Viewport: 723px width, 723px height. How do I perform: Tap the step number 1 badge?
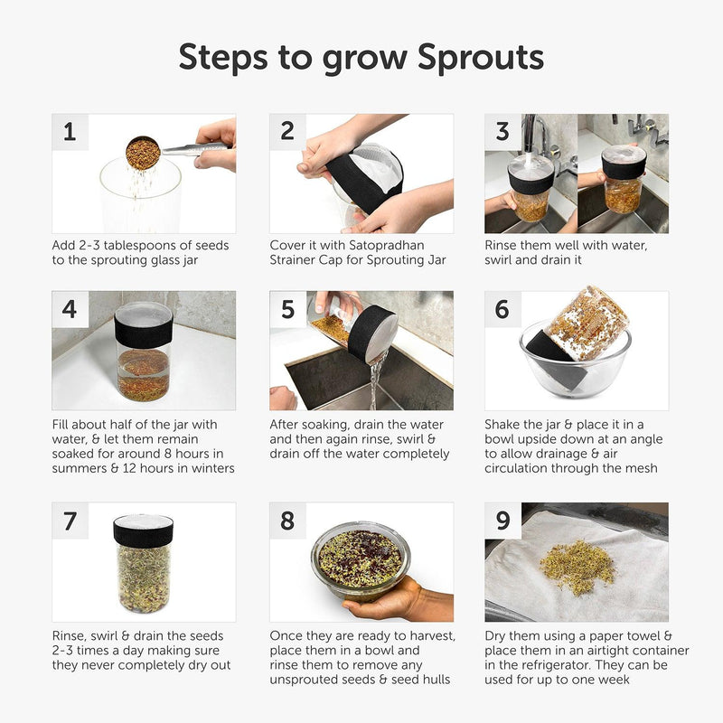coord(70,132)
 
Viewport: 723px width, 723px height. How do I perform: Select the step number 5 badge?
coord(287,309)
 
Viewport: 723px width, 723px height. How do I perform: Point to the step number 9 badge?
coord(502,521)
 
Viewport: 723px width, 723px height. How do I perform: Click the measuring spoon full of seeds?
coord(143,153)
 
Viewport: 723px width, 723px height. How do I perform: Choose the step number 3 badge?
coord(502,132)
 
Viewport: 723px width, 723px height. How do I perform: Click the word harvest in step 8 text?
coord(424,635)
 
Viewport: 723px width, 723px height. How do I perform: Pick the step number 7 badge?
coord(70,521)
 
